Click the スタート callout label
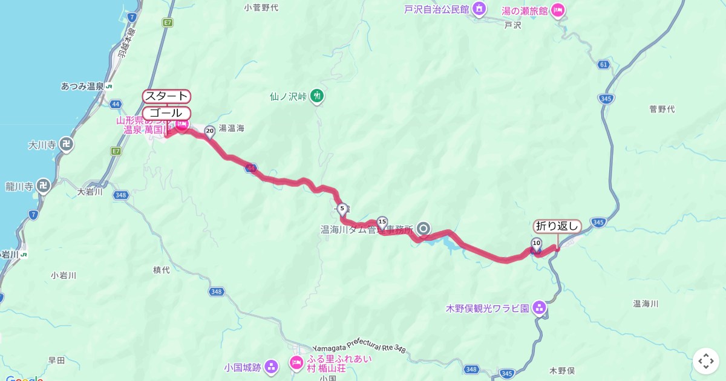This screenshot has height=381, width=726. (x=166, y=97)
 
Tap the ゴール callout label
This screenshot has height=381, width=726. (x=166, y=113)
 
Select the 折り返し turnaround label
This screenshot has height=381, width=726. (x=557, y=227)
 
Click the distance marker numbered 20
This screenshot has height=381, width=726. (x=210, y=131)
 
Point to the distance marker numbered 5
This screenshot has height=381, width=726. (x=342, y=209)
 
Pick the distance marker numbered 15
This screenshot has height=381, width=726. (x=382, y=223)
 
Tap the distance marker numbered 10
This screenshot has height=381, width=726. (x=536, y=244)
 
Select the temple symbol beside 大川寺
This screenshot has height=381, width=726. (x=68, y=145)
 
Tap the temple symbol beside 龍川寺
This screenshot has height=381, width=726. (x=43, y=185)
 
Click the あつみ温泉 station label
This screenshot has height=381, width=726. (x=82, y=86)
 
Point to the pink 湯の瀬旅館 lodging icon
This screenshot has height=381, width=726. (x=558, y=10)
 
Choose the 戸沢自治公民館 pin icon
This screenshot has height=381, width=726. (x=479, y=9)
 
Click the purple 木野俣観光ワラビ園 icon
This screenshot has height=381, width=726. (x=540, y=308)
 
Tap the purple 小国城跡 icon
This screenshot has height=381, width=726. (x=272, y=366)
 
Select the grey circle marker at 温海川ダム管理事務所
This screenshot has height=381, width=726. (x=423, y=229)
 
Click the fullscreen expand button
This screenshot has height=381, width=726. (x=706, y=361)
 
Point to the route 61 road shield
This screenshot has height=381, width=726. (x=603, y=64)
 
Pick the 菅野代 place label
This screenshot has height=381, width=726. (x=662, y=109)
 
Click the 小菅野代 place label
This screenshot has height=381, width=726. (x=261, y=8)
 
